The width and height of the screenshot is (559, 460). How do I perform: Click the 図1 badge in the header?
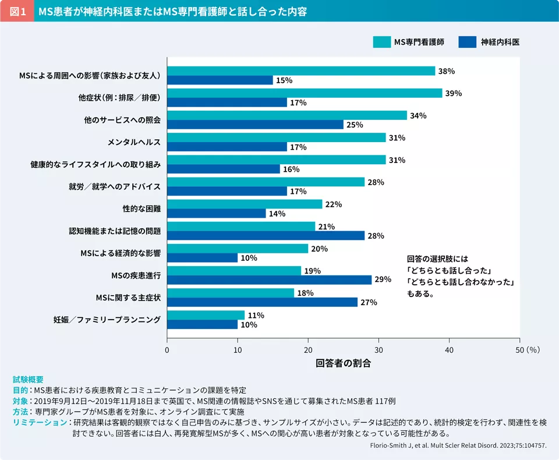point(17,11)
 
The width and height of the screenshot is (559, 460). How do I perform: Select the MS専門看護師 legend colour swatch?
point(381,42)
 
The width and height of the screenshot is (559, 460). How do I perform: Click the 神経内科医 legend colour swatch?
point(468,42)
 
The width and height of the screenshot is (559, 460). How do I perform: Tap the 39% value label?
point(454,93)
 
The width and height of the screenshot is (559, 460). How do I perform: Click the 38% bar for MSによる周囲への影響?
point(301,71)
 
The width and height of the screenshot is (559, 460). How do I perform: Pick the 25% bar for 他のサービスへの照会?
point(255,125)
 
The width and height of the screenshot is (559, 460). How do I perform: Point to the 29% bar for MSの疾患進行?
point(269,280)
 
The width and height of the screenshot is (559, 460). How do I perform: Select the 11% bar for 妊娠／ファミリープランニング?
point(206,315)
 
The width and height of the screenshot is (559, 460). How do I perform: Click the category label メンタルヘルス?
point(133,143)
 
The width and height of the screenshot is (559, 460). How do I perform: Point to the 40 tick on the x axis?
point(449,350)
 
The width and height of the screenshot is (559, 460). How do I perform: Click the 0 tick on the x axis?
point(167,350)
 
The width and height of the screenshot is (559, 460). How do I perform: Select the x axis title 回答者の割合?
point(343,364)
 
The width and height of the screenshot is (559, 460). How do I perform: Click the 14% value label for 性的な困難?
point(277,214)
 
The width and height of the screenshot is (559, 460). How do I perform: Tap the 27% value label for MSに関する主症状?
point(369,302)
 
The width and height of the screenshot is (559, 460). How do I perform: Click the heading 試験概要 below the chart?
point(28,379)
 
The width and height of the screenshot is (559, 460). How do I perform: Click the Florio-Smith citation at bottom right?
point(458,445)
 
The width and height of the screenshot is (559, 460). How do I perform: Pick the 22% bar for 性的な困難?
point(245,204)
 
